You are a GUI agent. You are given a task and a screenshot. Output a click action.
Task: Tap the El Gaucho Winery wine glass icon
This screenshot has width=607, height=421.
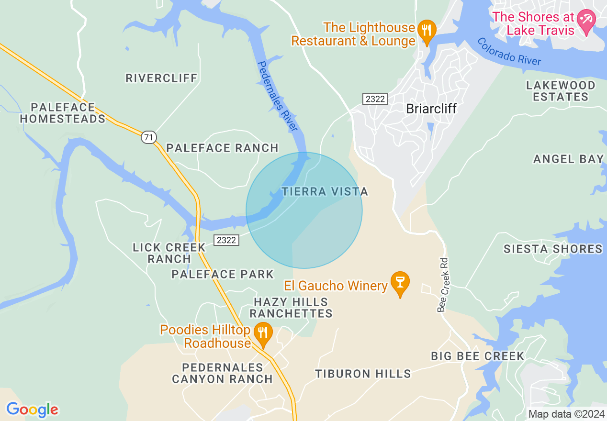click(x=400, y=282)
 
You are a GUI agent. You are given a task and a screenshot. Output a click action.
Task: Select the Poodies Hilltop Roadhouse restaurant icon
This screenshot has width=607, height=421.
click(x=263, y=332)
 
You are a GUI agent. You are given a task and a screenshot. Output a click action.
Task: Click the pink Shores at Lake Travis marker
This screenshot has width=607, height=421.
click(x=586, y=21)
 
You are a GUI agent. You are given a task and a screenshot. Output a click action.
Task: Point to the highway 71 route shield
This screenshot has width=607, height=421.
click(x=149, y=137)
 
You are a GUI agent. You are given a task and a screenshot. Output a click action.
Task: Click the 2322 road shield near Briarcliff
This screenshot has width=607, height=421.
click(x=375, y=99)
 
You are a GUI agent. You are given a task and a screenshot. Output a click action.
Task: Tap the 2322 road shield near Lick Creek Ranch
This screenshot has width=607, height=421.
click(x=226, y=240)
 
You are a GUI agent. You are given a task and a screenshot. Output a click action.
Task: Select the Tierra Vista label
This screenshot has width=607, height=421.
click(x=325, y=192)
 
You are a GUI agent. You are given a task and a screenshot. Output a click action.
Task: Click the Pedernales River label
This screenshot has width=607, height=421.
click(x=277, y=96)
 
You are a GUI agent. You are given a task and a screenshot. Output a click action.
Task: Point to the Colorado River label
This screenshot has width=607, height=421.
click(x=509, y=51)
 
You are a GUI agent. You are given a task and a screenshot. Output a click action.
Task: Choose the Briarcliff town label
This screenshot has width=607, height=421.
click(x=431, y=109)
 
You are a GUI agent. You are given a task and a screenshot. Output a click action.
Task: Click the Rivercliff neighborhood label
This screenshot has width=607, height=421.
click(x=161, y=78)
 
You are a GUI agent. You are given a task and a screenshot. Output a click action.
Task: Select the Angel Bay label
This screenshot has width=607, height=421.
click(x=568, y=159)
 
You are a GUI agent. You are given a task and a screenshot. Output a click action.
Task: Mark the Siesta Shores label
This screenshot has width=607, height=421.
click(x=553, y=249)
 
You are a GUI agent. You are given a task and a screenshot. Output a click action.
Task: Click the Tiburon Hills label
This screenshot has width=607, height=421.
click(x=363, y=374)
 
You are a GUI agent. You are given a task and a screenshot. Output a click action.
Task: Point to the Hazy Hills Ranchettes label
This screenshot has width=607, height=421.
click(x=291, y=308)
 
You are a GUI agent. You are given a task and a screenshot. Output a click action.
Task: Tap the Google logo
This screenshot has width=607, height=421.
click(x=32, y=410)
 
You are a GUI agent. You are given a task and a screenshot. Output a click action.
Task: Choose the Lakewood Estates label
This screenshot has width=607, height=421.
click(x=561, y=91)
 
